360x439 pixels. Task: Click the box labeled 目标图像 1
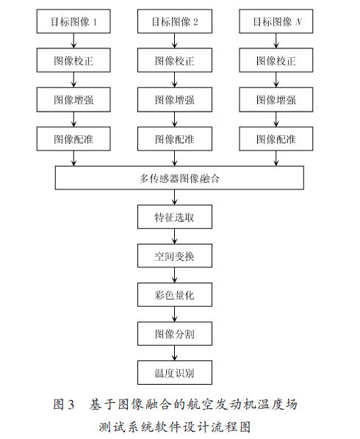pyautogui.click(x=73, y=21)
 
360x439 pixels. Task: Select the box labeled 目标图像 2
pyautogui.click(x=175, y=21)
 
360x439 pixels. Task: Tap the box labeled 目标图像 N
pyautogui.click(x=276, y=21)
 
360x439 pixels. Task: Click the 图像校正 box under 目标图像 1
pyautogui.click(x=73, y=60)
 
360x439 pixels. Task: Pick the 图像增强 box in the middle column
pyautogui.click(x=175, y=100)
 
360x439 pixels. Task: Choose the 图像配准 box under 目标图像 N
pyautogui.click(x=276, y=139)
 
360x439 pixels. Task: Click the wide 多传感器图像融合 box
pyautogui.click(x=179, y=178)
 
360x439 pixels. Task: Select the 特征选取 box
pyautogui.click(x=175, y=217)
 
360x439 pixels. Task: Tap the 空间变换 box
pyautogui.click(x=175, y=255)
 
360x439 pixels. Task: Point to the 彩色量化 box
pyautogui.click(x=175, y=294)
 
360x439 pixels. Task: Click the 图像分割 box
pyautogui.click(x=175, y=333)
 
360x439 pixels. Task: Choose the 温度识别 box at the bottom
pyautogui.click(x=175, y=373)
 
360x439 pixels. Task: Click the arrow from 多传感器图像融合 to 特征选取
pyautogui.click(x=175, y=197)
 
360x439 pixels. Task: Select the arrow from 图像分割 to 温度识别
pyautogui.click(x=175, y=353)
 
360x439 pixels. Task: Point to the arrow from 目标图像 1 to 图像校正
pyautogui.click(x=73, y=41)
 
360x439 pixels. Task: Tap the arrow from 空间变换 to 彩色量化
pyautogui.click(x=175, y=275)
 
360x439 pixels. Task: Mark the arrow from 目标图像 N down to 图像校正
pyautogui.click(x=276, y=41)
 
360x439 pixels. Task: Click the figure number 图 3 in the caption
pyautogui.click(x=64, y=404)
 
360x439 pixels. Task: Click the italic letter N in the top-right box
pyautogui.click(x=298, y=21)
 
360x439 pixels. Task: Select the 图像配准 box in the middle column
pyautogui.click(x=175, y=139)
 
